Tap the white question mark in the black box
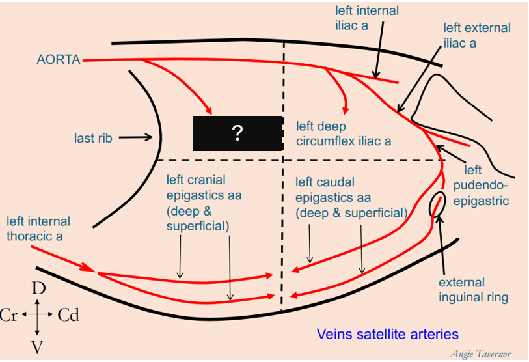[237, 134]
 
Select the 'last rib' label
[93, 138]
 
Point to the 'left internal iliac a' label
[367, 18]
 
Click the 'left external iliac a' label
[476, 35]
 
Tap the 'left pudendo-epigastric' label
[480, 186]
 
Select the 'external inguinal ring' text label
[473, 290]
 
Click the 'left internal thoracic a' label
[38, 229]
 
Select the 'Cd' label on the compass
[68, 316]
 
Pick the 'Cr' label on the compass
[9, 316]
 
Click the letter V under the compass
[38, 346]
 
